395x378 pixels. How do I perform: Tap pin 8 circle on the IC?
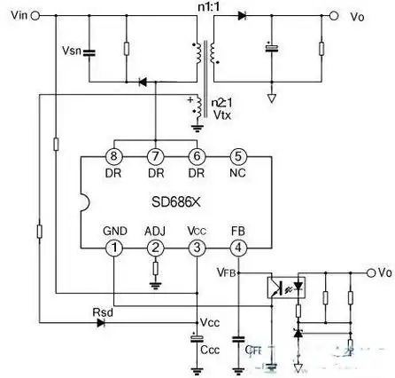(114, 156)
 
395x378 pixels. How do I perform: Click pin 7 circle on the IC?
(155, 156)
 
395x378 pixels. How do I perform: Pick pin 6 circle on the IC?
(196, 156)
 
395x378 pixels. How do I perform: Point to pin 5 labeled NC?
(236, 156)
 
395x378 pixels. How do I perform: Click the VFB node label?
(226, 274)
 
